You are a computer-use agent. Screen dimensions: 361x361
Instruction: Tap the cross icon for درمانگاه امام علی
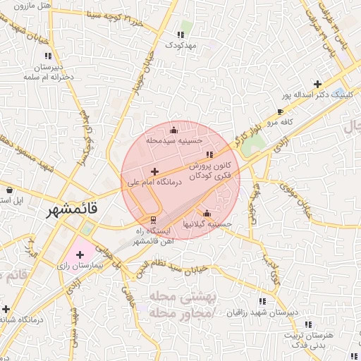pyautogui.click(x=154, y=171)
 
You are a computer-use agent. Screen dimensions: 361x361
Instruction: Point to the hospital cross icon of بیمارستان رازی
pyautogui.click(x=79, y=255)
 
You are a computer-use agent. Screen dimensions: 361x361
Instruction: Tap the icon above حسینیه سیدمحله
pyautogui.click(x=173, y=130)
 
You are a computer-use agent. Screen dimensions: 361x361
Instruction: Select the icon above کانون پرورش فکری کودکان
pyautogui.click(x=208, y=154)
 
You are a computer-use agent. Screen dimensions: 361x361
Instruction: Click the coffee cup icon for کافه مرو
pyautogui.click(x=281, y=111)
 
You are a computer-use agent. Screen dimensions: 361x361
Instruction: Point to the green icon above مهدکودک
pyautogui.click(x=183, y=33)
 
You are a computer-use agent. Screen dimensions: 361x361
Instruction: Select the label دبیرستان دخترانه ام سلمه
pyautogui.click(x=49, y=73)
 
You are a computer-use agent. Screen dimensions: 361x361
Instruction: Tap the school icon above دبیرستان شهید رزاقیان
pyautogui.click(x=263, y=301)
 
